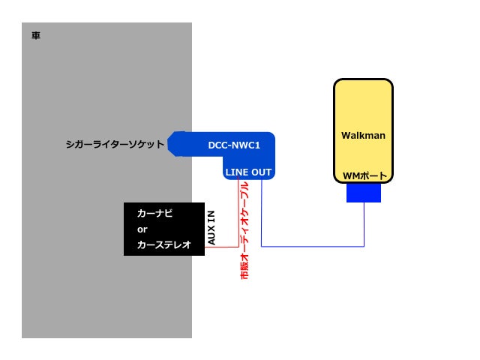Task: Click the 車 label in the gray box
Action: coord(36,35)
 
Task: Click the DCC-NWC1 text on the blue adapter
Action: coord(233,144)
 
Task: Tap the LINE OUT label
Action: coord(248,172)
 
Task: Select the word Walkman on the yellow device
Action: coord(363,136)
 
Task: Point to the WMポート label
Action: coord(365,176)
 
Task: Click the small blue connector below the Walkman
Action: coord(364,194)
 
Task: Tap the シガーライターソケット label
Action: coord(115,143)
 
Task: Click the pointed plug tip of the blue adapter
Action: coord(171,143)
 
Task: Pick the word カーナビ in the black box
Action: coord(155,214)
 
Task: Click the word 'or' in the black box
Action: coord(142,229)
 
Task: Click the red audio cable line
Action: coord(238,217)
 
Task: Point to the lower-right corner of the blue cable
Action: coord(364,246)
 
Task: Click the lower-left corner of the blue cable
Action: coord(261,246)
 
